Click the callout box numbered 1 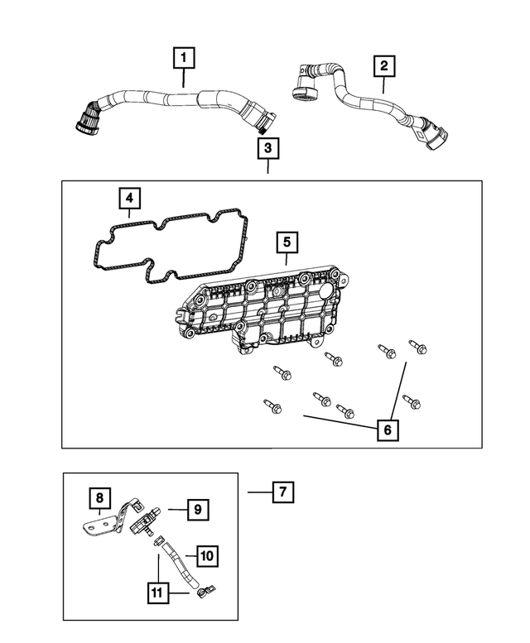(x=184, y=59)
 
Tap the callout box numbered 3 (x=267, y=149)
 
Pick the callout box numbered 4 (x=128, y=199)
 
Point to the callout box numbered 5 (x=286, y=242)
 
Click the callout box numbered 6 (x=386, y=429)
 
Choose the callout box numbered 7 (x=282, y=492)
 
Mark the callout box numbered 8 (x=99, y=497)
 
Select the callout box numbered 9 (x=198, y=509)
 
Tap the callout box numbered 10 (x=207, y=555)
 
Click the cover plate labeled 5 (x=265, y=310)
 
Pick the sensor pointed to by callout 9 (x=147, y=517)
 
